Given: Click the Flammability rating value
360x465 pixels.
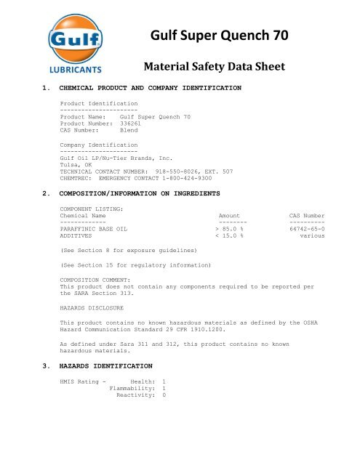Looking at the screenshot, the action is coord(164,389).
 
